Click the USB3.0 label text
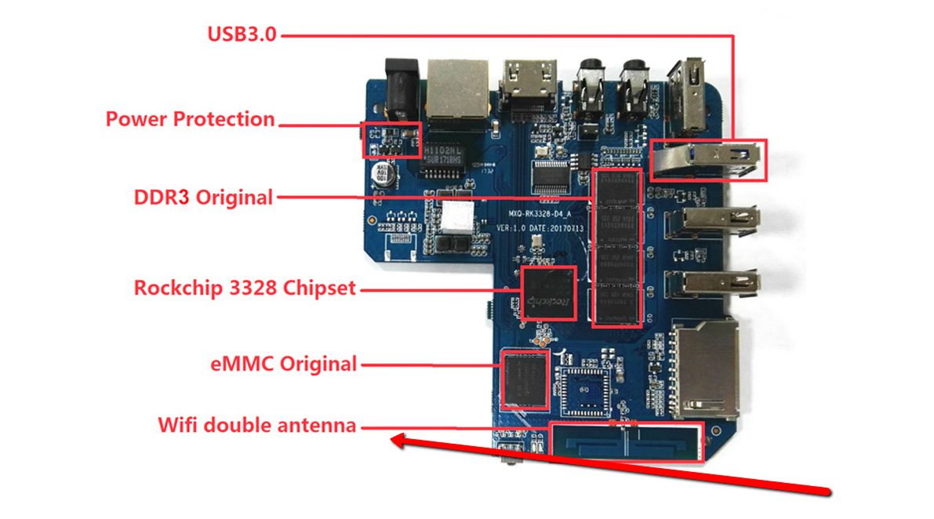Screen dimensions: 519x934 click(242, 34)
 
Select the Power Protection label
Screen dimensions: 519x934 click(191, 120)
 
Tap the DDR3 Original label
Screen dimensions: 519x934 click(203, 197)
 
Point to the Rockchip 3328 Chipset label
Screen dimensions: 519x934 click(245, 289)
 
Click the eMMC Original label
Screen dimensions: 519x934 click(284, 364)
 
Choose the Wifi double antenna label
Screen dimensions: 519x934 click(257, 426)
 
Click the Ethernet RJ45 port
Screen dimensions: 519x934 click(457, 88)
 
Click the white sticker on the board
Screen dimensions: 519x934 click(459, 215)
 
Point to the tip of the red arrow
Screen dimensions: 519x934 click(394, 441)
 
